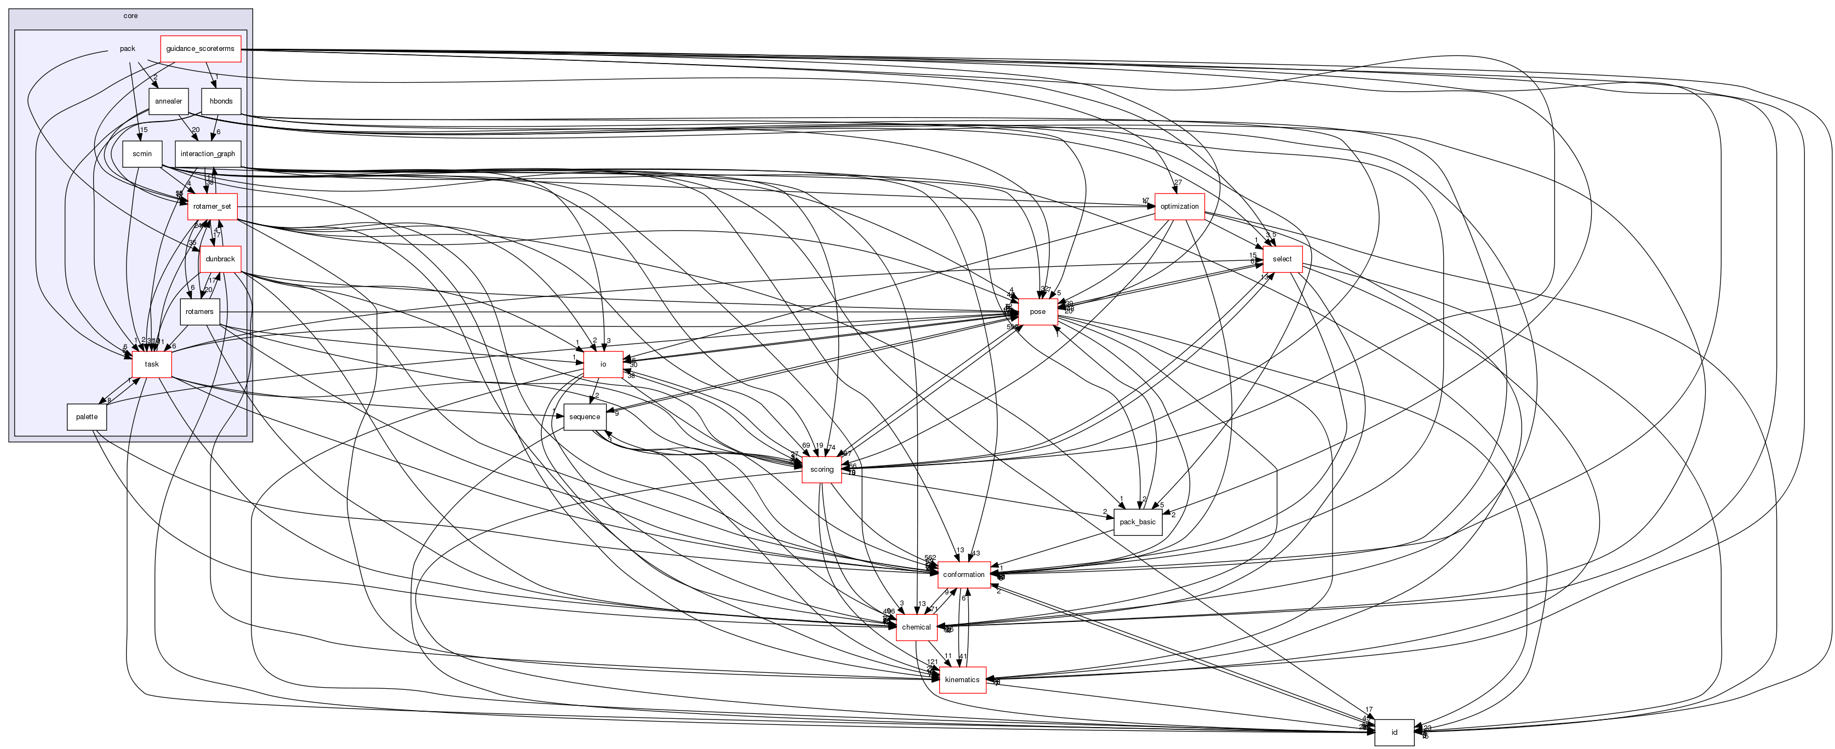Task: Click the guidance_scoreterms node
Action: [200, 48]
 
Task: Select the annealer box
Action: [168, 101]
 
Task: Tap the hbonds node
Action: [221, 101]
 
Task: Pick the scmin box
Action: [142, 154]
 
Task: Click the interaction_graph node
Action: [207, 154]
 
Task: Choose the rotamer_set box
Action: [212, 207]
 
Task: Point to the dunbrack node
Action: [220, 259]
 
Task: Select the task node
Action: [152, 364]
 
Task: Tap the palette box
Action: [87, 417]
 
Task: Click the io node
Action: [603, 364]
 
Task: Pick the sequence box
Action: [585, 417]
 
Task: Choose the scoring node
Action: [821, 470]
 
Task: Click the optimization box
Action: [1179, 207]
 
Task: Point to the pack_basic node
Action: [1137, 522]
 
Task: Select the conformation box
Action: [963, 574]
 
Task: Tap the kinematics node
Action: [962, 680]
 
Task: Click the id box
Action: [1394, 733]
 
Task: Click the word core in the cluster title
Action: [130, 16]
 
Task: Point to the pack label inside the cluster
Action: [128, 48]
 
